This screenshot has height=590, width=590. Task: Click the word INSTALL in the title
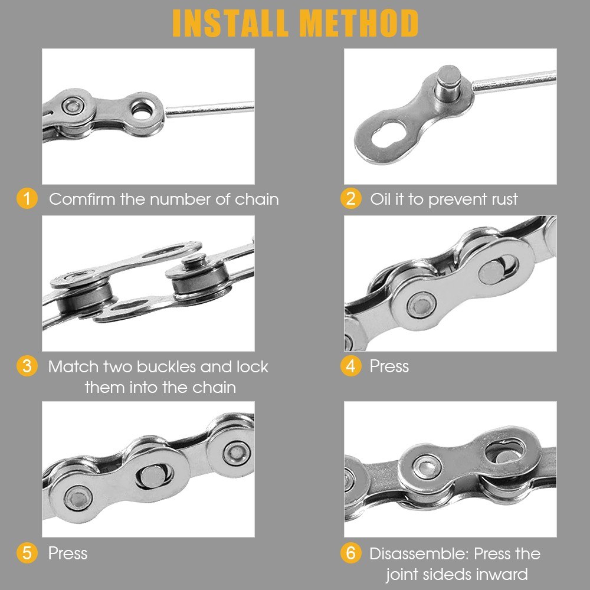click(x=230, y=23)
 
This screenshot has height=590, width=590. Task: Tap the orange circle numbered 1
click(x=27, y=198)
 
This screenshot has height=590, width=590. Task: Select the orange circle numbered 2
click(x=350, y=198)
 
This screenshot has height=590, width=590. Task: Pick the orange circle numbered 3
click(x=27, y=366)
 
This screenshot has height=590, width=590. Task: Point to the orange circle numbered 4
click(x=350, y=366)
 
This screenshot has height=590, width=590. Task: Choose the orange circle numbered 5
click(x=27, y=553)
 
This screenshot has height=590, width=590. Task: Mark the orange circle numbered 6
click(x=350, y=553)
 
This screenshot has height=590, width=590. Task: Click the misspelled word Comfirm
click(x=82, y=199)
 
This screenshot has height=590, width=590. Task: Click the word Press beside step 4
click(x=389, y=366)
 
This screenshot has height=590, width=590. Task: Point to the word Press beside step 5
click(x=68, y=553)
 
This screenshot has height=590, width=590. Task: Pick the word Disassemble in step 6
click(x=419, y=553)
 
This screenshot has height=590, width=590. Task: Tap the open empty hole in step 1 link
click(x=142, y=112)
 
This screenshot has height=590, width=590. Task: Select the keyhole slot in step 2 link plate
click(x=389, y=133)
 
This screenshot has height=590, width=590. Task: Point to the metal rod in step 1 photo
click(x=209, y=109)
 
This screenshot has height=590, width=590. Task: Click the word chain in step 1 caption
click(x=257, y=199)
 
